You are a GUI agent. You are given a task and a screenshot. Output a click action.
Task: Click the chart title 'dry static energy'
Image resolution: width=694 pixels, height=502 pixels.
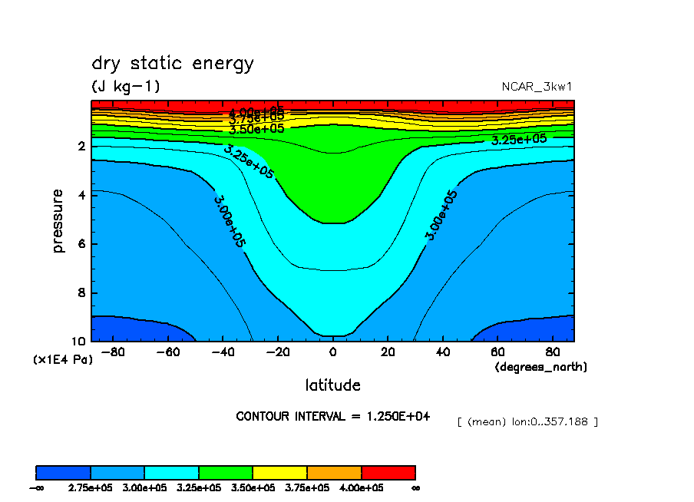(x=172, y=64)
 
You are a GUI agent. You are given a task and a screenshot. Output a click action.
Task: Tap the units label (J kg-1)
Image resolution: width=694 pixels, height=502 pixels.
(x=126, y=86)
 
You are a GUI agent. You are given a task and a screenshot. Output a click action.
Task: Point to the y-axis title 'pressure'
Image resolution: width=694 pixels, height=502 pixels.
(x=58, y=223)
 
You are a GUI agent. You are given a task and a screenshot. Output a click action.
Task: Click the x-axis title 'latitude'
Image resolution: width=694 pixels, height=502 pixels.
(x=332, y=385)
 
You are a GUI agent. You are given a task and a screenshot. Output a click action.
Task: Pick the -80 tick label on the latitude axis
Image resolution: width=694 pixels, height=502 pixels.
(x=113, y=352)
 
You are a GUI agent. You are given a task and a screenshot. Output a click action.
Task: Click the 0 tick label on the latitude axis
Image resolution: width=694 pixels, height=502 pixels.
(x=332, y=352)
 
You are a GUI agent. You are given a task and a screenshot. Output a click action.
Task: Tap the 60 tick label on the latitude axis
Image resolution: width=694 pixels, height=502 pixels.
(x=497, y=352)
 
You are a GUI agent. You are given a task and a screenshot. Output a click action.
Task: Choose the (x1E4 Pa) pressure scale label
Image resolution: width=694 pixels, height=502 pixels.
(x=62, y=359)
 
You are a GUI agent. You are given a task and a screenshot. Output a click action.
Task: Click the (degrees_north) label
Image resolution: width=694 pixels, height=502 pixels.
(x=540, y=367)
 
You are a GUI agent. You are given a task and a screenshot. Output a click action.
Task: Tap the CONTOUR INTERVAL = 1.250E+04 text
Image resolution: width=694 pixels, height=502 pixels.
(x=332, y=416)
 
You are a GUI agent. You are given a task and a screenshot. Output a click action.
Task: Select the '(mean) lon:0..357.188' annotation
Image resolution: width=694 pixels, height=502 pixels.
(x=527, y=421)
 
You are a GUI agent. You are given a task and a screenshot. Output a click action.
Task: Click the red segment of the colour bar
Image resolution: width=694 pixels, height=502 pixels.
(x=388, y=472)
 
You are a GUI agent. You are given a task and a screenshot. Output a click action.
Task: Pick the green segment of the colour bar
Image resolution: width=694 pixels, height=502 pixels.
(x=226, y=472)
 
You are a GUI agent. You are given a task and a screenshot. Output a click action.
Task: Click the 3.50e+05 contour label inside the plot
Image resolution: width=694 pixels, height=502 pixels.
(x=257, y=128)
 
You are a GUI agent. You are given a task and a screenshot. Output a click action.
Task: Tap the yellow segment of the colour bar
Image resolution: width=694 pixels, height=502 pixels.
(x=279, y=472)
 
